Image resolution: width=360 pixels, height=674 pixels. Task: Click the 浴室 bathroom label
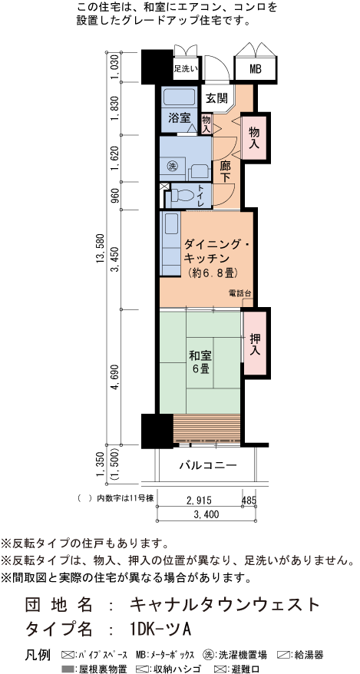pyautogui.click(x=177, y=118)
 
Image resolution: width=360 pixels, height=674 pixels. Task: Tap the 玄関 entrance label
pyautogui.click(x=217, y=97)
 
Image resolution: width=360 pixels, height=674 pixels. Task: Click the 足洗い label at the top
pyautogui.click(x=185, y=69)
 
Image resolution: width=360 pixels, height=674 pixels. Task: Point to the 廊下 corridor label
pyautogui.click(x=226, y=170)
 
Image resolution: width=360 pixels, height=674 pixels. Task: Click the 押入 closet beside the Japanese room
pyautogui.click(x=255, y=343)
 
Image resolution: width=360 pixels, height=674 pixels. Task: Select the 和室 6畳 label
pyautogui.click(x=201, y=362)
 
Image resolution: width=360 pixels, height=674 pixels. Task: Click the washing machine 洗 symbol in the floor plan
pyautogui.click(x=173, y=167)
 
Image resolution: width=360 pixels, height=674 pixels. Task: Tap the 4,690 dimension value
pyautogui.click(x=115, y=378)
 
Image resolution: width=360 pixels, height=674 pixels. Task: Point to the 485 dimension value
pyautogui.click(x=249, y=501)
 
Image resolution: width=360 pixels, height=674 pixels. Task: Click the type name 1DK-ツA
pyautogui.click(x=160, y=627)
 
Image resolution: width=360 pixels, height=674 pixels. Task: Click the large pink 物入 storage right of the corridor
pyautogui.click(x=253, y=138)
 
